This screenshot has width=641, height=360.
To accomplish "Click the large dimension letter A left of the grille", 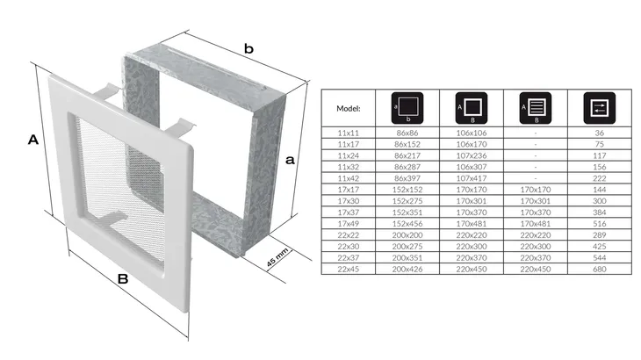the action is pyautogui.click(x=33, y=140).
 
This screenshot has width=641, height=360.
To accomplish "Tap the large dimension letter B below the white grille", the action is pyautogui.click(x=123, y=279).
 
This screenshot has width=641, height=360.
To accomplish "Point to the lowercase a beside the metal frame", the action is pyautogui.click(x=290, y=160).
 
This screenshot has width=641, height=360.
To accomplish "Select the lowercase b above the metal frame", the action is pyautogui.click(x=248, y=48).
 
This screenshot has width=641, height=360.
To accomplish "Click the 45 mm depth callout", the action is pyautogui.click(x=277, y=257).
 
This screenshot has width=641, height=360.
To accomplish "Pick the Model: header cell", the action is pyautogui.click(x=349, y=108).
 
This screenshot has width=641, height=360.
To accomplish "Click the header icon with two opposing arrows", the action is pyautogui.click(x=600, y=108).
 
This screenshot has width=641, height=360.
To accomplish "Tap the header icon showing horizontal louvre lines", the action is pyautogui.click(x=536, y=108).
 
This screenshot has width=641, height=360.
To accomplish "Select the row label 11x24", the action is pyautogui.click(x=349, y=155).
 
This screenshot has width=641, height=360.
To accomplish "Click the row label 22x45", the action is pyautogui.click(x=349, y=270).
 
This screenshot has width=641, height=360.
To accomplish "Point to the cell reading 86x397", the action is pyautogui.click(x=407, y=178).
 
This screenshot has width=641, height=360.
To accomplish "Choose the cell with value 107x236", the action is pyautogui.click(x=472, y=155).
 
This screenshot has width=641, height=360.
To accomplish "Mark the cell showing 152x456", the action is pyautogui.click(x=407, y=224).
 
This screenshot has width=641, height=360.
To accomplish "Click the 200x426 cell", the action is pyautogui.click(x=407, y=270).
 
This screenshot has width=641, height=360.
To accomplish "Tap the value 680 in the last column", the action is pyautogui.click(x=600, y=270).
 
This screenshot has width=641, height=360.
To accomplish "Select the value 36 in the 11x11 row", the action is pyautogui.click(x=600, y=133).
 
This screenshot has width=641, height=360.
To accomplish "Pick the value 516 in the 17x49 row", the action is pyautogui.click(x=600, y=224).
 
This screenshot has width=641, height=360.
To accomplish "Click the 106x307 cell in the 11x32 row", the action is pyautogui.click(x=472, y=167).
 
